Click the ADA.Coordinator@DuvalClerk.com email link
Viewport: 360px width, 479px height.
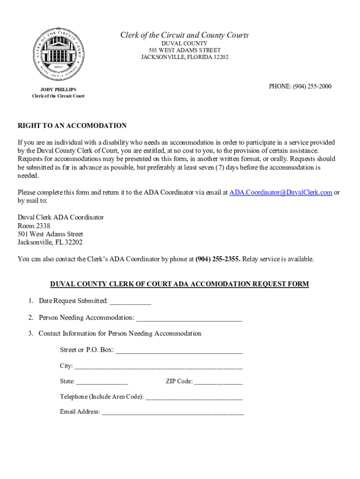(281, 192)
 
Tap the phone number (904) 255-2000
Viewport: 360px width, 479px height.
(300, 86)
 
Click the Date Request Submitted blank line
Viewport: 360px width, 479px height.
(130, 301)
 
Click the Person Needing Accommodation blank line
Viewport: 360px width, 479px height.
(189, 319)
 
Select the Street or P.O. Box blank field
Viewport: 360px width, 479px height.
(179, 350)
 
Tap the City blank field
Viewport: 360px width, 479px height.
(158, 366)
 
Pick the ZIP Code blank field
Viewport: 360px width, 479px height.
(218, 382)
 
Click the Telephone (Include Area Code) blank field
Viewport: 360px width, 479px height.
(194, 397)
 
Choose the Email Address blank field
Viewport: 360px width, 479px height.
(173, 413)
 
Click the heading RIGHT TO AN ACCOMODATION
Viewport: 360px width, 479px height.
(72, 126)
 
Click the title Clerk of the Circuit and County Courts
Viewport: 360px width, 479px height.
(185, 36)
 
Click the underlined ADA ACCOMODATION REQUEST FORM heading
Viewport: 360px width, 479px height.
(180, 284)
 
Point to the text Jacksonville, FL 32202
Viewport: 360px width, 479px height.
(50, 242)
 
